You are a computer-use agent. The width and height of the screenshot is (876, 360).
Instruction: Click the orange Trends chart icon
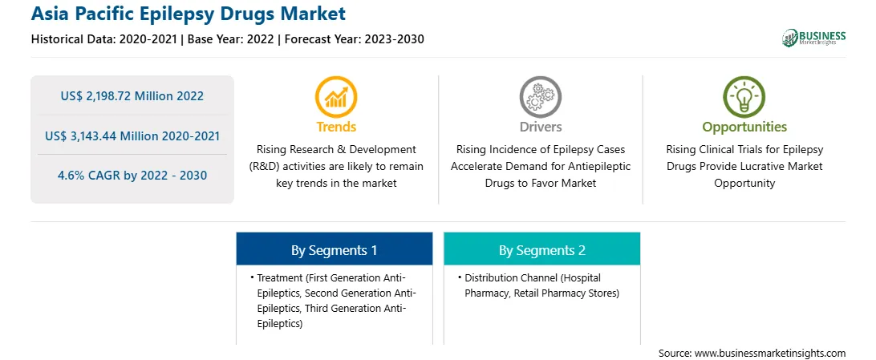[x=336, y=97]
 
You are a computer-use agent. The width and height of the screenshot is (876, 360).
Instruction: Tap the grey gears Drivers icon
[x=540, y=97]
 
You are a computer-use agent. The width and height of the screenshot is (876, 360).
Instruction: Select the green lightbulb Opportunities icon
[x=744, y=97]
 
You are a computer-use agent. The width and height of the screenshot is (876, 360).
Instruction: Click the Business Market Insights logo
[x=813, y=38]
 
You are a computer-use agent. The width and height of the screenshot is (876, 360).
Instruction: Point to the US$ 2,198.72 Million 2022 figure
[x=132, y=96]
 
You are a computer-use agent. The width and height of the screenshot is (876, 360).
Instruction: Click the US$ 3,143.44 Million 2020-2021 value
[x=132, y=136]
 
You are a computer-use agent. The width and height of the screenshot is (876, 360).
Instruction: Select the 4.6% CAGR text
[x=132, y=176]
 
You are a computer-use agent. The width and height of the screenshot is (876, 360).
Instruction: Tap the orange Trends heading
[x=336, y=127]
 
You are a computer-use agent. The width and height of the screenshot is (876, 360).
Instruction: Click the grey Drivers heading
[x=540, y=127]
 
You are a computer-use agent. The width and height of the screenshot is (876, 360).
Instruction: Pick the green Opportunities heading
[x=744, y=127]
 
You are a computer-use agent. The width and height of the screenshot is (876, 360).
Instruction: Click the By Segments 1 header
[x=334, y=250]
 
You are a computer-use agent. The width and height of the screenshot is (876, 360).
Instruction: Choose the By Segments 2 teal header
[x=542, y=250]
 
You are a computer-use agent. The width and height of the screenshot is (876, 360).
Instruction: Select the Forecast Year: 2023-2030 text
[x=351, y=39]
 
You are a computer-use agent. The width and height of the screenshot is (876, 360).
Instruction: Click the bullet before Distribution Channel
[x=459, y=277]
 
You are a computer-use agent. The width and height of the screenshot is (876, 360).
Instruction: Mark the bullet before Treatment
[x=251, y=277]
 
